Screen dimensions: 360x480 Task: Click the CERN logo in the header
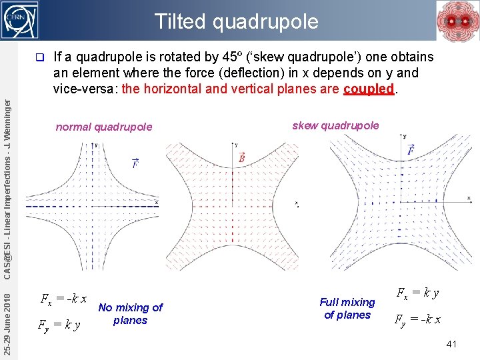pos(21,20)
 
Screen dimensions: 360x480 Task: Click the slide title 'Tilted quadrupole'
pos(237,21)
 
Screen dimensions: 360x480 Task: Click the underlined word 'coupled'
pos(369,89)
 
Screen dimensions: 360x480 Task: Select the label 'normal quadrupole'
pos(104,127)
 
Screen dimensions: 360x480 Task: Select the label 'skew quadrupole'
pos(335,125)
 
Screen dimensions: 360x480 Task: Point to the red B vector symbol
pos(241,158)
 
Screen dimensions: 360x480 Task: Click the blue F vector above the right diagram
pos(411,151)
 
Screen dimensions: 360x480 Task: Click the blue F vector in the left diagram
pos(135,162)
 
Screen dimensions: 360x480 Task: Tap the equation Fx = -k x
pos(63,299)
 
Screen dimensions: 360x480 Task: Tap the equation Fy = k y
pos(59,325)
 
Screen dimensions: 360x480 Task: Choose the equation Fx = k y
pos(418,292)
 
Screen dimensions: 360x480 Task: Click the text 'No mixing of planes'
pos(130,313)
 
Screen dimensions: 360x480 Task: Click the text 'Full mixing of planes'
pos(347,309)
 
